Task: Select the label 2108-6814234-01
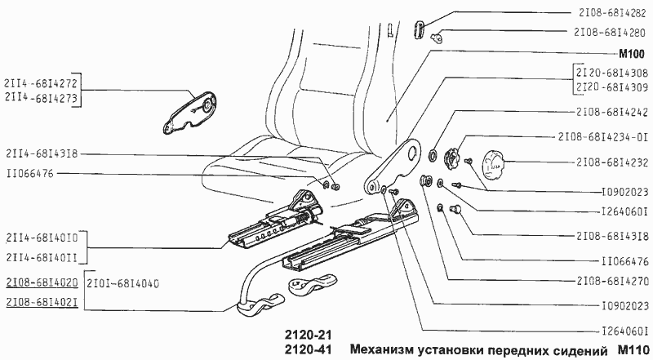click(603, 136)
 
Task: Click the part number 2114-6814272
click(42, 83)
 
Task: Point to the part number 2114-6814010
click(42, 238)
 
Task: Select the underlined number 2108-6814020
click(42, 283)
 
